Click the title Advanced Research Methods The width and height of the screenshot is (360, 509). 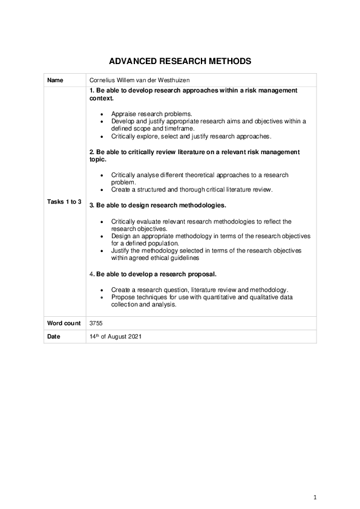tap(180, 62)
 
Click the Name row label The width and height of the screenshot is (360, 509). tap(55, 79)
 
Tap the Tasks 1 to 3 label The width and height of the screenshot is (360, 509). tap(64, 201)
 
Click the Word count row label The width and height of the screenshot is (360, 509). tap(64, 323)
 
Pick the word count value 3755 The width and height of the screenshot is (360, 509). tap(96, 323)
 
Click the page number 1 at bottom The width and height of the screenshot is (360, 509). tap(315, 497)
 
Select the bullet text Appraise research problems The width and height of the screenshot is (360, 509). tap(151, 114)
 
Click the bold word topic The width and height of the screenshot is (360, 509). tap(97, 159)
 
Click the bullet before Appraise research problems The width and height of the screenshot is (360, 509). tap(103, 114)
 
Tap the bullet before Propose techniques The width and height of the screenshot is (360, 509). tap(103, 297)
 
